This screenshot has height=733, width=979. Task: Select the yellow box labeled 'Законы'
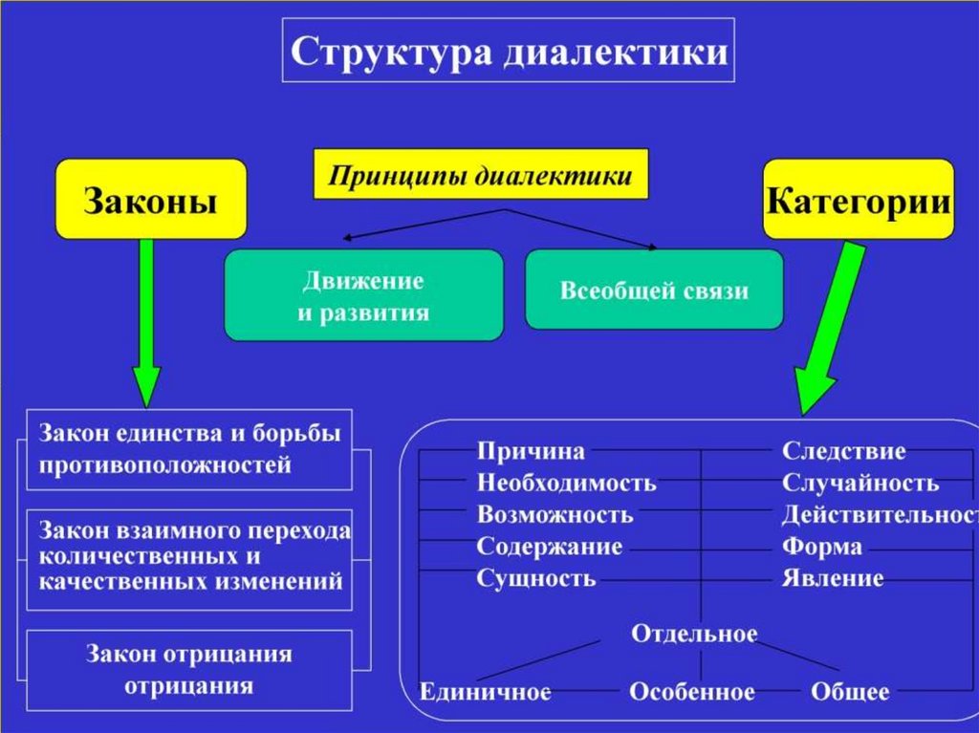tap(151, 200)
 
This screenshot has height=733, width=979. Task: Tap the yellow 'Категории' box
tap(859, 200)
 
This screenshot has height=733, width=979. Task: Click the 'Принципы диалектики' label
tap(481, 175)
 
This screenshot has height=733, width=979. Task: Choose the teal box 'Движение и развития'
tap(363, 295)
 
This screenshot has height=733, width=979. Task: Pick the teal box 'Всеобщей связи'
tap(654, 291)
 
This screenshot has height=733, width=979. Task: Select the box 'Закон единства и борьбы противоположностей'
tap(189, 449)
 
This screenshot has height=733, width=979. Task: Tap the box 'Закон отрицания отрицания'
tap(189, 670)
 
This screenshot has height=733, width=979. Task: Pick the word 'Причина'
tap(532, 451)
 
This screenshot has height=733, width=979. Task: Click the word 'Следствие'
tap(844, 451)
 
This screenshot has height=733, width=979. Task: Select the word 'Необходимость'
tap(567, 483)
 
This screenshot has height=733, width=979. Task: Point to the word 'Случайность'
tap(860, 483)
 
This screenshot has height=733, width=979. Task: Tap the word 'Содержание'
tap(550, 547)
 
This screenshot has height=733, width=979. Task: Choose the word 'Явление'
tap(833, 578)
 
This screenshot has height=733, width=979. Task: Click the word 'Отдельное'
tap(695, 634)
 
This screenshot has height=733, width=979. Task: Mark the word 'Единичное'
tap(486, 691)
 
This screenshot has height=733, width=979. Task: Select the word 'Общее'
tap(850, 691)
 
